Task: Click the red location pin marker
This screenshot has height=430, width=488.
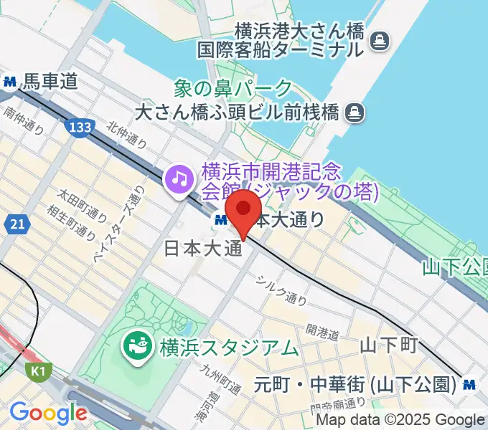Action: coord(243,209)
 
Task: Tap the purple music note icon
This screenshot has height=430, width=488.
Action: coord(178,178)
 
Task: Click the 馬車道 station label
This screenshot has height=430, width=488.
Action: coord(49,82)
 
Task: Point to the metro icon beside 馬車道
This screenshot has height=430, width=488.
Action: coord(11,82)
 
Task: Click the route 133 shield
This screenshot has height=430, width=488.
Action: coord(80,128)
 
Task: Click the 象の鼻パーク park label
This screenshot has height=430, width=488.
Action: coord(233,89)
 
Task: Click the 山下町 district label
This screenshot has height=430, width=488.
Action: coord(388,345)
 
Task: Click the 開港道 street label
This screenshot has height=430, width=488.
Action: coord(322,330)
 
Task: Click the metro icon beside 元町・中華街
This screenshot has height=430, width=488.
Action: coord(471,384)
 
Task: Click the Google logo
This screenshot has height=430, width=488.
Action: coord(47,413)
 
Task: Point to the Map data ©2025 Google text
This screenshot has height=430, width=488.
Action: coord(400,421)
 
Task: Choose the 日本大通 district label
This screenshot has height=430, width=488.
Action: coord(201,248)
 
